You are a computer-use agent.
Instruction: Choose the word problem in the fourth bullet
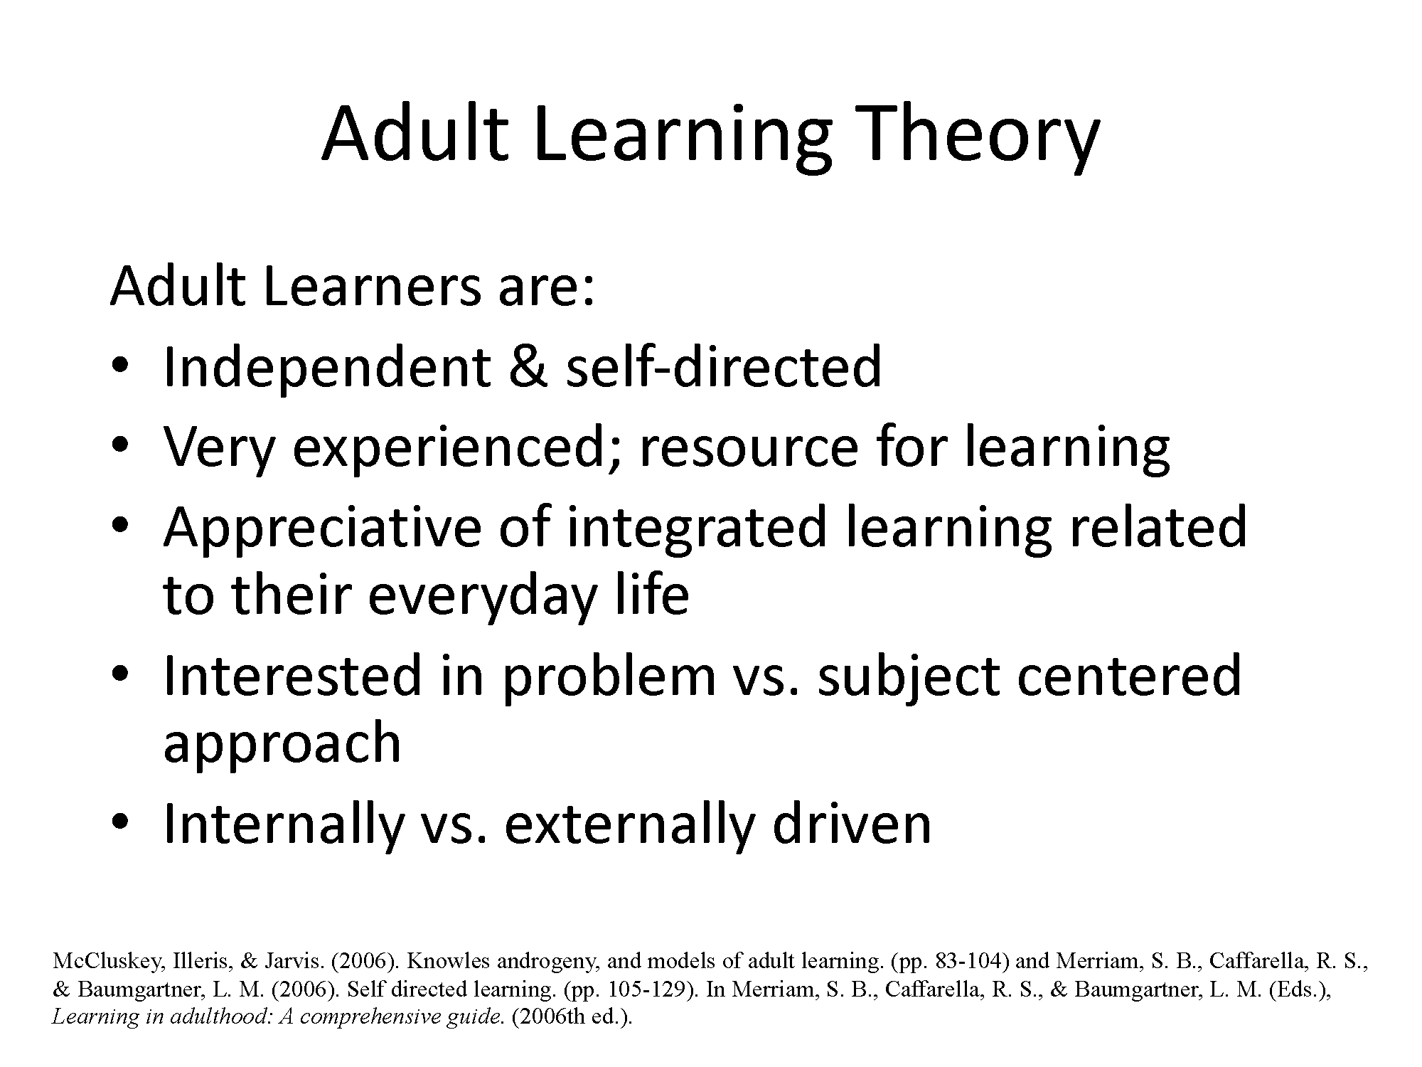pos(609,677)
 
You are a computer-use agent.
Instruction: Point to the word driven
pos(851,822)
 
